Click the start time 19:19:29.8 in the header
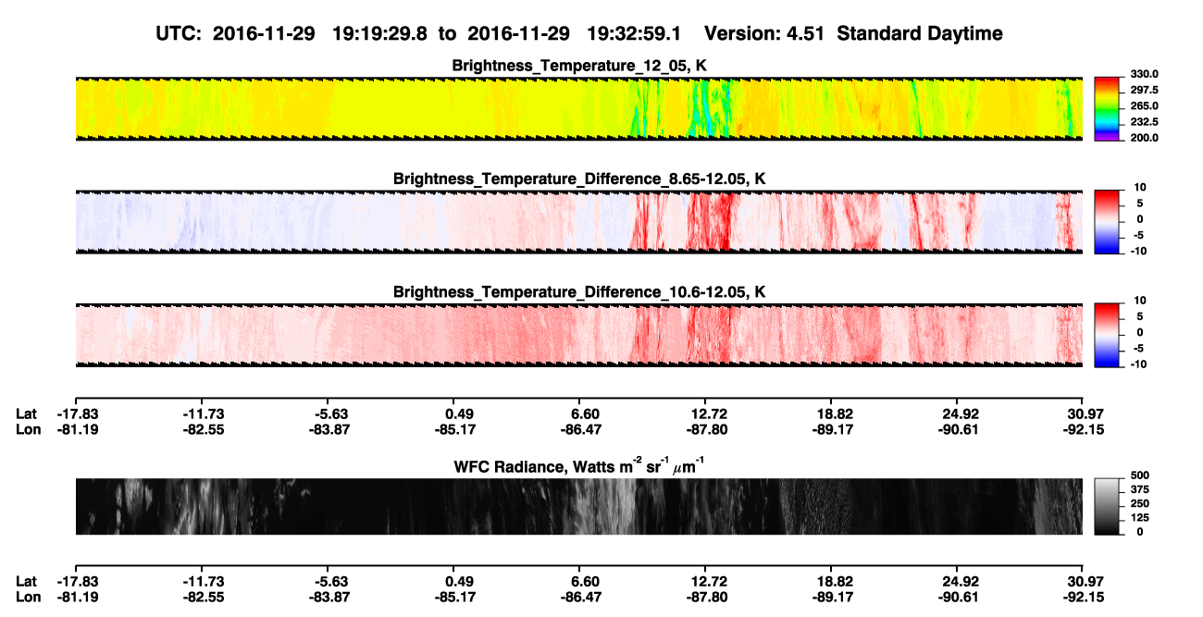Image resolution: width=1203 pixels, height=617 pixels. pos(379,33)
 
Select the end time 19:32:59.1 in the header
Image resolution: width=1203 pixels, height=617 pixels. pos(634,33)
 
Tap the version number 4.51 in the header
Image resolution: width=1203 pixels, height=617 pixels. pos(805,33)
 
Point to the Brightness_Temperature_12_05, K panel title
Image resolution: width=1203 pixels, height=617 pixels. pos(579,66)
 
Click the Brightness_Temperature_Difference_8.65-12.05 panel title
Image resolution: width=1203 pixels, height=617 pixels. pos(579,179)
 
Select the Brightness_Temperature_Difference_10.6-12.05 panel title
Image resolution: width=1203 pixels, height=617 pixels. pos(579,292)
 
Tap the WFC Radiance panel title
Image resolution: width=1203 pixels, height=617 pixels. pos(579,466)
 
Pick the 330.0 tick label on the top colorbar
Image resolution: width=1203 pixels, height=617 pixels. pos(1144,74)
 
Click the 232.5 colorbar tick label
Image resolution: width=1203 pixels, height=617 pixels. pos(1144,122)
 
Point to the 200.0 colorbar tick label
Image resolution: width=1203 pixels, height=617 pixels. pos(1144,138)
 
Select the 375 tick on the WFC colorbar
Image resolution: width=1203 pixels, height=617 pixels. pos(1140,489)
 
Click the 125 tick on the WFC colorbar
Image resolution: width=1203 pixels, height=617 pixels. pos(1140,518)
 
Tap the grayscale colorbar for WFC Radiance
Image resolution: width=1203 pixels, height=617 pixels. pos(1107,506)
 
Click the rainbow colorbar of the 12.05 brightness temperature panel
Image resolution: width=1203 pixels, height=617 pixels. pos(1107,109)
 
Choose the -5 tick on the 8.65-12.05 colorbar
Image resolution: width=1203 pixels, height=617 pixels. pos(1137,236)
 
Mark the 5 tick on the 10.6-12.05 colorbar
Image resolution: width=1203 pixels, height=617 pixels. pos(1140,316)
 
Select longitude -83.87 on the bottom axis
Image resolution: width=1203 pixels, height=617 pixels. pos(329,598)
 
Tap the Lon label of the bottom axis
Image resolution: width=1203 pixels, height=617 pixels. pos(29,598)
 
